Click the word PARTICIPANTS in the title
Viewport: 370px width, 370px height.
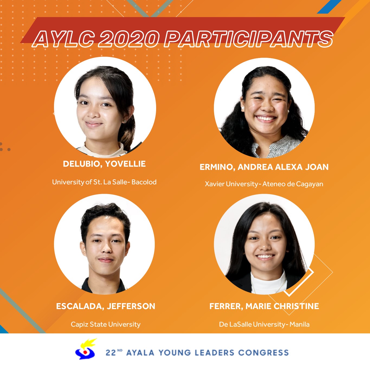[249, 39]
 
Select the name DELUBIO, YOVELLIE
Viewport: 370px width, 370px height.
[104, 164]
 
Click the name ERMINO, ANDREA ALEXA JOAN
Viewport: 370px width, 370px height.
[264, 167]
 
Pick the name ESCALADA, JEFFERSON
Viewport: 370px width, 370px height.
[106, 306]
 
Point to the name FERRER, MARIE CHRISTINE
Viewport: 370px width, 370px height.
[264, 306]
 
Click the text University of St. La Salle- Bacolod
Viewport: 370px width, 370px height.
[104, 182]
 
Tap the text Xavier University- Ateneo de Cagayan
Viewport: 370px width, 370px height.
[264, 184]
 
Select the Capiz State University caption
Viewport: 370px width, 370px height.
[106, 324]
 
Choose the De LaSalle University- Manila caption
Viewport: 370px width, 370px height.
[264, 324]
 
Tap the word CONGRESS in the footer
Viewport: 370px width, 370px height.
[263, 353]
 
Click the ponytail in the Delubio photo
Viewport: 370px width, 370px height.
[128, 131]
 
